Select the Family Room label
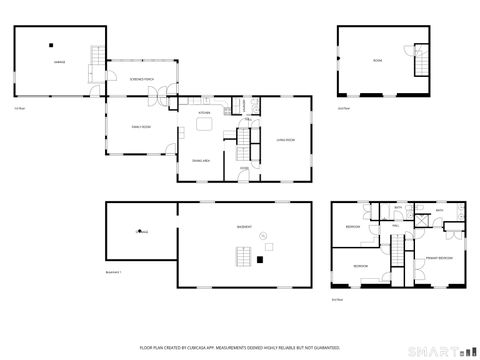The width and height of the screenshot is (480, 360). [x=140, y=126]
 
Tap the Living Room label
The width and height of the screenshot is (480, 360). [x=285, y=140]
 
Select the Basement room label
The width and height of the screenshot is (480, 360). [x=243, y=227]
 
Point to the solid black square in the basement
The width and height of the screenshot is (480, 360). [x=259, y=259]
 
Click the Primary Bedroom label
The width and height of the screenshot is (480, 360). [x=439, y=258]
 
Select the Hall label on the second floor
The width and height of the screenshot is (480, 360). [x=395, y=227]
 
